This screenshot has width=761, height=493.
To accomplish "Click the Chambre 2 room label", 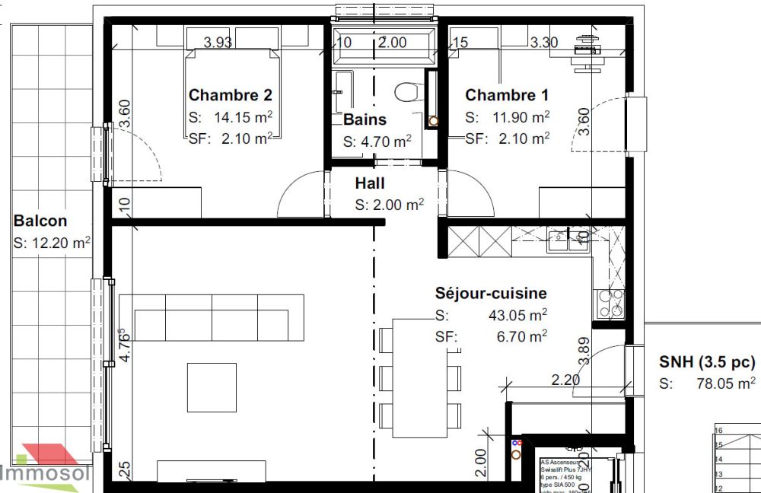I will pyautogui.click(x=230, y=95).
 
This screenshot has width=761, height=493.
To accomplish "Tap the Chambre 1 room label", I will pyautogui.click(x=506, y=95).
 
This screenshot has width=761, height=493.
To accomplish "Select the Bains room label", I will pyautogui.click(x=365, y=119).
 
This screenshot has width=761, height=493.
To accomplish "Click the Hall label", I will pyautogui.click(x=370, y=183).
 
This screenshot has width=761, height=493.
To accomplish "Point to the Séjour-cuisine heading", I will pyautogui.click(x=490, y=293).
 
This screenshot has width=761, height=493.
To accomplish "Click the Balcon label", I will pyautogui.click(x=40, y=221).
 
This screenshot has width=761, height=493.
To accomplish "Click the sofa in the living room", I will pyautogui.click(x=212, y=318).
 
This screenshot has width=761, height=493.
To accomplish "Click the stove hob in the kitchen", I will pyautogui.click(x=611, y=304).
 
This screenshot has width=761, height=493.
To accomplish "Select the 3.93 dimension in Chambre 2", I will pyautogui.click(x=218, y=43).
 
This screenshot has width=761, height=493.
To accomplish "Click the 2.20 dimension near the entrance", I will pyautogui.click(x=566, y=378).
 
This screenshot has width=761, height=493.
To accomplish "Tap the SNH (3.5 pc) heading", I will pyautogui.click(x=707, y=361).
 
